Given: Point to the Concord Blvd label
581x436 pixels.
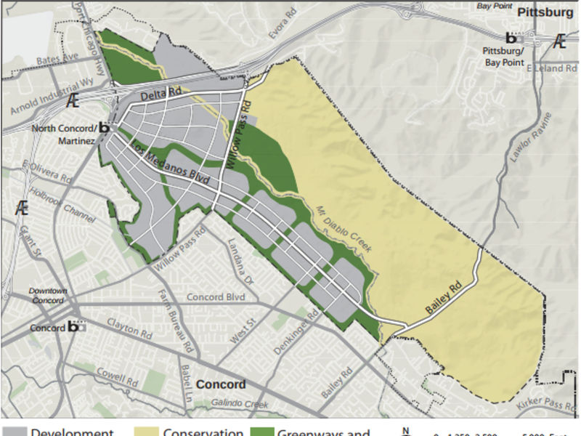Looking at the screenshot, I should pos(216,297).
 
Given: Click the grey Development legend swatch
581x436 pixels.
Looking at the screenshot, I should pos(14,432).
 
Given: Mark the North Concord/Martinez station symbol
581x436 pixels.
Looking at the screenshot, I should pos(104,128).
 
